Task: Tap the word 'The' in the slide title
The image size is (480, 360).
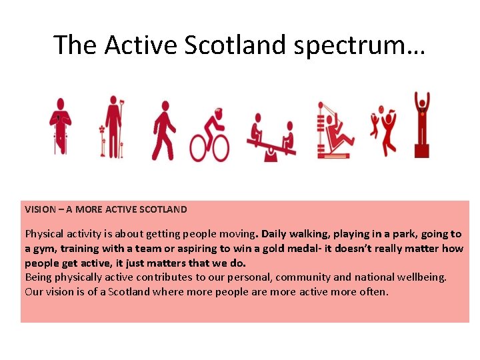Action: click(76, 45)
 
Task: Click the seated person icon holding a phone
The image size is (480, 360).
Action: click(60, 126)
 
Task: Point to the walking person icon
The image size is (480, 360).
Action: click(163, 129)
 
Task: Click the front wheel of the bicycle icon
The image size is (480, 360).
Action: click(219, 147)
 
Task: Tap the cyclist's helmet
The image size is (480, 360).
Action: click(218, 111)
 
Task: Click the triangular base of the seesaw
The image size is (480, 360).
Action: click(271, 155)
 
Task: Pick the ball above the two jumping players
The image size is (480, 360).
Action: click(381, 109)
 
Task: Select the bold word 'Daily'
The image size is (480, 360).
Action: click(275, 234)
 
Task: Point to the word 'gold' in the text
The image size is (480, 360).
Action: click(329, 249)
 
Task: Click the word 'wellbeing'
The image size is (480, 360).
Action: click(423, 277)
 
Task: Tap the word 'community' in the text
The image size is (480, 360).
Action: click(303, 277)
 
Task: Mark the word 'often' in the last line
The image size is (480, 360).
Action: click(373, 292)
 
